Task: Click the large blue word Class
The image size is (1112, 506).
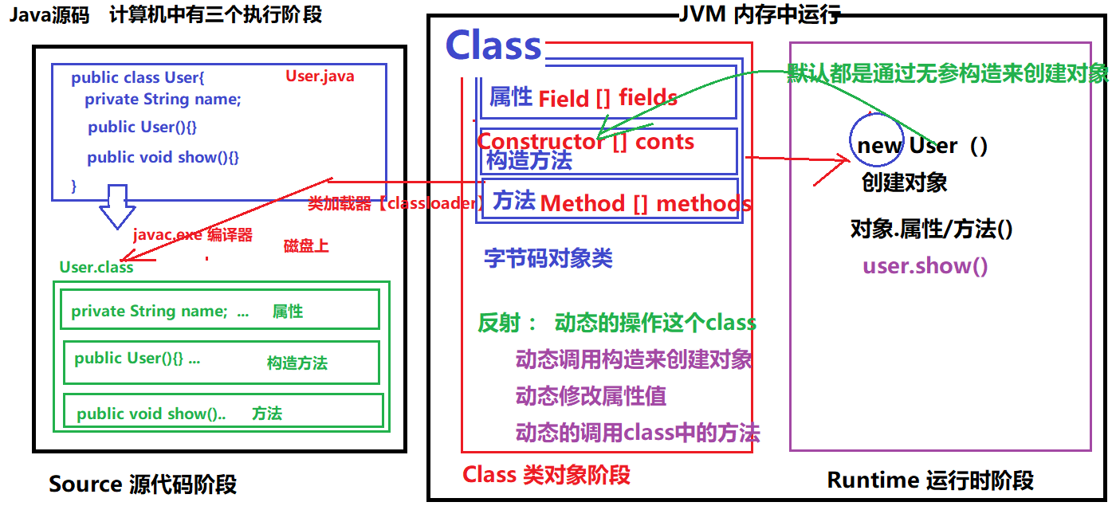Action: (493, 45)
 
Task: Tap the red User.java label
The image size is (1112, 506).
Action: (320, 76)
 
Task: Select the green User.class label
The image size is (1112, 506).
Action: (96, 268)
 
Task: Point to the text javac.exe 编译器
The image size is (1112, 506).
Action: (193, 235)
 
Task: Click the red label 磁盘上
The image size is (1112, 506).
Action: (306, 246)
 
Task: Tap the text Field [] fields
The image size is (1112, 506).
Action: (607, 99)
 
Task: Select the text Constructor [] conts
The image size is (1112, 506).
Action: (585, 142)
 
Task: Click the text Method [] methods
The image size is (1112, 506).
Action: (646, 203)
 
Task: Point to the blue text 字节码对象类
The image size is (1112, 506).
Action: (548, 258)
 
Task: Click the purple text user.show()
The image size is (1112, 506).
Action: (925, 265)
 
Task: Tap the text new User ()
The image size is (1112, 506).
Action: (922, 146)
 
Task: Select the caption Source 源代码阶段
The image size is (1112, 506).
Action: (143, 484)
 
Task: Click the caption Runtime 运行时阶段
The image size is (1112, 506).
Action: (930, 480)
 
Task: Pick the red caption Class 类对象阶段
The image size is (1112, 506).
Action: (546, 475)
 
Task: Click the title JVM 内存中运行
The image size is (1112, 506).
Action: (758, 14)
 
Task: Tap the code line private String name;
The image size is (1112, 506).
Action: (163, 100)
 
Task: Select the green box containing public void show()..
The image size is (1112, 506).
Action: (223, 412)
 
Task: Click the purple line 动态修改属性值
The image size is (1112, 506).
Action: (591, 396)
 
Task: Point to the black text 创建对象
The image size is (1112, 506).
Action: (905, 182)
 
